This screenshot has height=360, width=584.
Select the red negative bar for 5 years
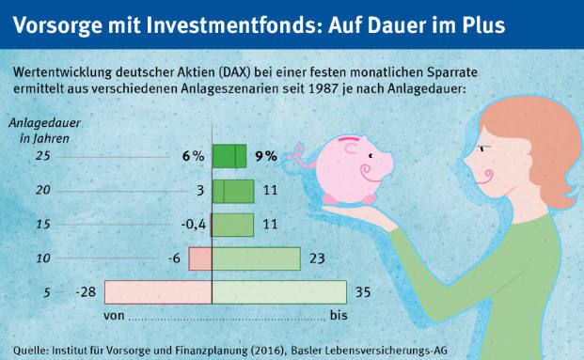tap(158, 292)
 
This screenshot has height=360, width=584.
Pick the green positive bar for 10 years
tap(256, 258)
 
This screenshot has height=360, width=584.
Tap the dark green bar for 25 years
tap(229, 156)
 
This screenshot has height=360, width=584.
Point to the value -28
tap(86, 292)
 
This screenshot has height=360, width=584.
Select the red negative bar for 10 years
tap(200, 258)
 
